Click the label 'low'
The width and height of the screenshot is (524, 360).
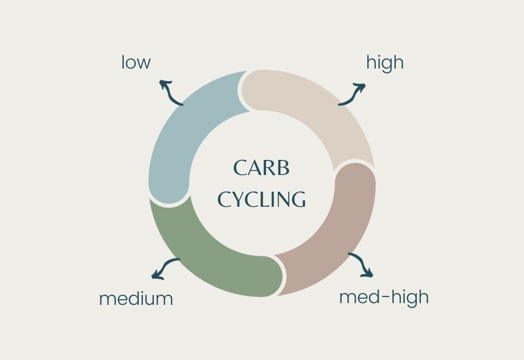136,62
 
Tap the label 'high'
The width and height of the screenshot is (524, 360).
385,62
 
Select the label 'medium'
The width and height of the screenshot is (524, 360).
136,299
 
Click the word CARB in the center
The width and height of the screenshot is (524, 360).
261,168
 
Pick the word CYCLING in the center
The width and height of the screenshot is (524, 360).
261,200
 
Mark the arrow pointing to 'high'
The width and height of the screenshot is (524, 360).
352,94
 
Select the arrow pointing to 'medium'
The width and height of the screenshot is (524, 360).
165,268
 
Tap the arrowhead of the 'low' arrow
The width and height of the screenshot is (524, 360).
163,83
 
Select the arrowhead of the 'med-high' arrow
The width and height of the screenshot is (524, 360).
368,274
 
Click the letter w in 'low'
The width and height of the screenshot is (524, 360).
143,63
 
